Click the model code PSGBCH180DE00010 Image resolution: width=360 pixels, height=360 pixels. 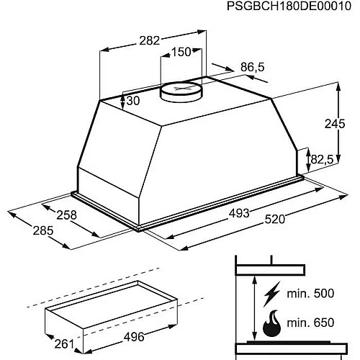coord(289,6)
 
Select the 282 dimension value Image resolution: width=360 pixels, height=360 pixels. coord(149,40)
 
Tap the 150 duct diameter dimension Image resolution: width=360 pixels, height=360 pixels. coord(181,52)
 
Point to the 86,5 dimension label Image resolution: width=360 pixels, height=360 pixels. coord(252,67)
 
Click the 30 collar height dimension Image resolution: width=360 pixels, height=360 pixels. coord(133,101)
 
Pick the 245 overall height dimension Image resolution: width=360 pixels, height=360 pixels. coord(335,124)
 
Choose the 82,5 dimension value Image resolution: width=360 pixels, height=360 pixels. coord(322,159)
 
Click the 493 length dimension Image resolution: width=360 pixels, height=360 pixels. coord(239,213)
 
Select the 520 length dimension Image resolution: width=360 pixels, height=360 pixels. coord(275,220)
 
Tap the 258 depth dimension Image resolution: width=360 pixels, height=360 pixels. coord(66,215)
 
